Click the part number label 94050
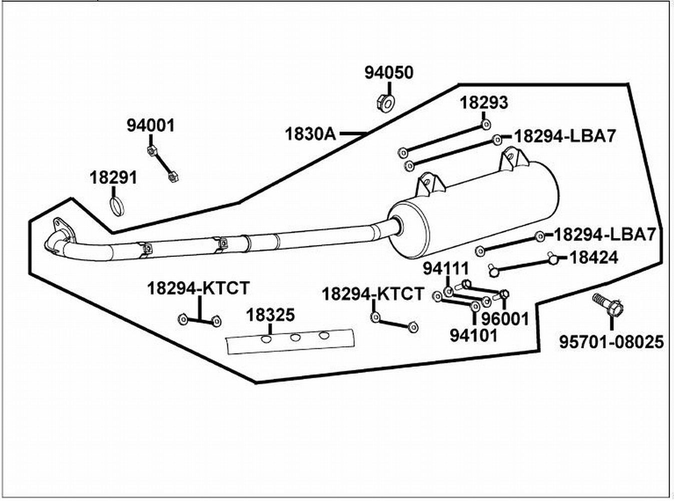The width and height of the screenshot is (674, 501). [x=389, y=73]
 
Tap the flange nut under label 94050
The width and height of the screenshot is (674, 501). [x=386, y=103]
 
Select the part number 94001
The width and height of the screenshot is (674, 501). [x=151, y=126]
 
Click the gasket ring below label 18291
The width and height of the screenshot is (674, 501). [x=117, y=207]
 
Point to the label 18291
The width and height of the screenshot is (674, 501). [x=114, y=178]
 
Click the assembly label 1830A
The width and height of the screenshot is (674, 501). [x=311, y=134]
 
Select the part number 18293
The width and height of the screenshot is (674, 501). [x=484, y=103]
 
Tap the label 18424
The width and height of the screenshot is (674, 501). [x=594, y=258]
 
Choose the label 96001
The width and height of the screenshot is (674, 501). [x=505, y=319]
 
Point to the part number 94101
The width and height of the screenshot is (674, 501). [x=473, y=336]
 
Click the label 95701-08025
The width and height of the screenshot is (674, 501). [x=612, y=342]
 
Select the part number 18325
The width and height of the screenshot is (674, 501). [x=270, y=315]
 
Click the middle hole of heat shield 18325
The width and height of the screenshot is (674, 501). [x=295, y=337]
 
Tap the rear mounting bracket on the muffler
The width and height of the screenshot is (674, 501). [x=513, y=158]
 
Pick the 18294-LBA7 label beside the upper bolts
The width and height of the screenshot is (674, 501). [x=565, y=136]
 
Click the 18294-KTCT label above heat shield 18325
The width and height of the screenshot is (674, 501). [x=199, y=288]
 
